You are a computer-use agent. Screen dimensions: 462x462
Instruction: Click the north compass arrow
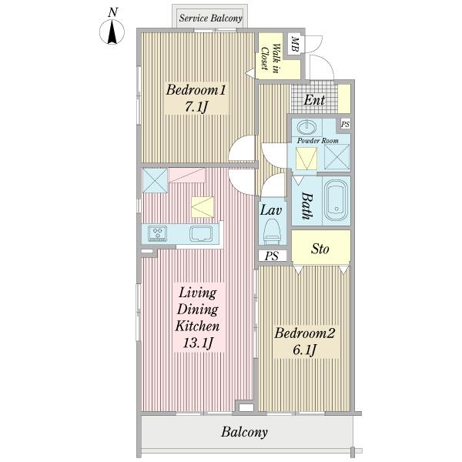click(x=112, y=32)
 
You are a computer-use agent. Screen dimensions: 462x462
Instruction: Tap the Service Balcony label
click(x=210, y=18)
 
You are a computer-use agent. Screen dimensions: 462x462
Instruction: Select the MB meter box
click(x=295, y=44)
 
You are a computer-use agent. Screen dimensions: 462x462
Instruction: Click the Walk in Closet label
click(x=271, y=56)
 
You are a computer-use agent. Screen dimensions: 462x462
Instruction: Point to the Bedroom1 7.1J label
click(x=196, y=98)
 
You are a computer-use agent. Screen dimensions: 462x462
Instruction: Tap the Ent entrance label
click(x=314, y=100)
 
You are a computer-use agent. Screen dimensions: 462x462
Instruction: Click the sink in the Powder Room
click(x=306, y=127)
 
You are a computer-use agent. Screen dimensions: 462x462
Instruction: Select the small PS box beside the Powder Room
click(x=345, y=124)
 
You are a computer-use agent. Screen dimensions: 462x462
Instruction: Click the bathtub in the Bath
click(x=336, y=200)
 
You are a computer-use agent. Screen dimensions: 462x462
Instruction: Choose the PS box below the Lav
click(x=272, y=256)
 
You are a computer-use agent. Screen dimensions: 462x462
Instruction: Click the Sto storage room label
click(x=320, y=249)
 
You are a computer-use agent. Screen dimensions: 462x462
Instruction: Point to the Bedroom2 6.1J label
click(x=305, y=341)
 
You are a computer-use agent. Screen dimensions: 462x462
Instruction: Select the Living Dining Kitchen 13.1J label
click(x=197, y=317)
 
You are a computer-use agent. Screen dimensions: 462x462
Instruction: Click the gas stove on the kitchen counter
click(x=158, y=233)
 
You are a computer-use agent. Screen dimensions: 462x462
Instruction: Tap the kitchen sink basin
click(x=201, y=233)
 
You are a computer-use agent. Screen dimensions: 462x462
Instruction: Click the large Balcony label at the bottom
click(x=244, y=432)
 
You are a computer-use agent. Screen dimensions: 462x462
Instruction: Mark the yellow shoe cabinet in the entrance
click(x=344, y=99)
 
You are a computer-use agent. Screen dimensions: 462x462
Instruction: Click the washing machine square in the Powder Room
click(x=337, y=157)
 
